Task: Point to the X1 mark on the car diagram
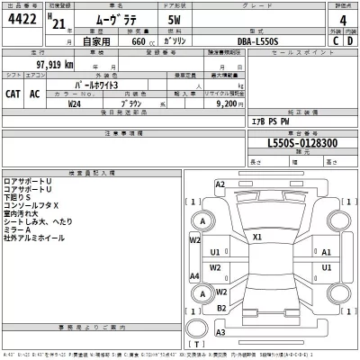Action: (x=257, y=238)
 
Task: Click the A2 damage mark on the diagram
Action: (x=220, y=184)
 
